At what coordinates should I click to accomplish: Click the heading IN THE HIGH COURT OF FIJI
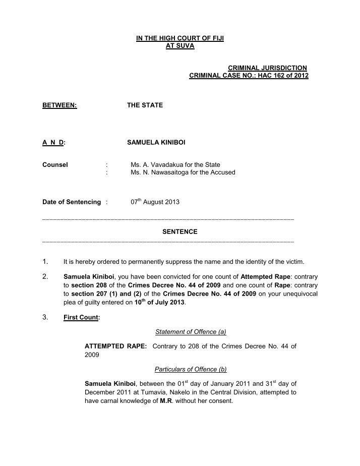[179, 38]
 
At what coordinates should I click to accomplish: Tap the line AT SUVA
[179, 46]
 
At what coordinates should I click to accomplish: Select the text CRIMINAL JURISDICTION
[268, 68]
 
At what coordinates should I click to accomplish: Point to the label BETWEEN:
[59, 105]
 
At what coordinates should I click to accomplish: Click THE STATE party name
[145, 105]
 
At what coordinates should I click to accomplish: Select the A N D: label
[54, 143]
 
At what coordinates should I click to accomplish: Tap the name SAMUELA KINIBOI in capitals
[156, 143]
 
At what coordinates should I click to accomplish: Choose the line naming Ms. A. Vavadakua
[175, 164]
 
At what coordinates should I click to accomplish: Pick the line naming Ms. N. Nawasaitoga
[183, 172]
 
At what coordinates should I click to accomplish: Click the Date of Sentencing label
[72, 202]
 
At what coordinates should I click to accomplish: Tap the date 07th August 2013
[155, 202]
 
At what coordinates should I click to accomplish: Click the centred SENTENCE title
[179, 232]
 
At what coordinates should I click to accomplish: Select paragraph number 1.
[45, 262]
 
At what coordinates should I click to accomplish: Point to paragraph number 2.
[45, 277]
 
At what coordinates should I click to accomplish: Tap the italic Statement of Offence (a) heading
[191, 332]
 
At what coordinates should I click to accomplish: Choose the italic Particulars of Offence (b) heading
[191, 369]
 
